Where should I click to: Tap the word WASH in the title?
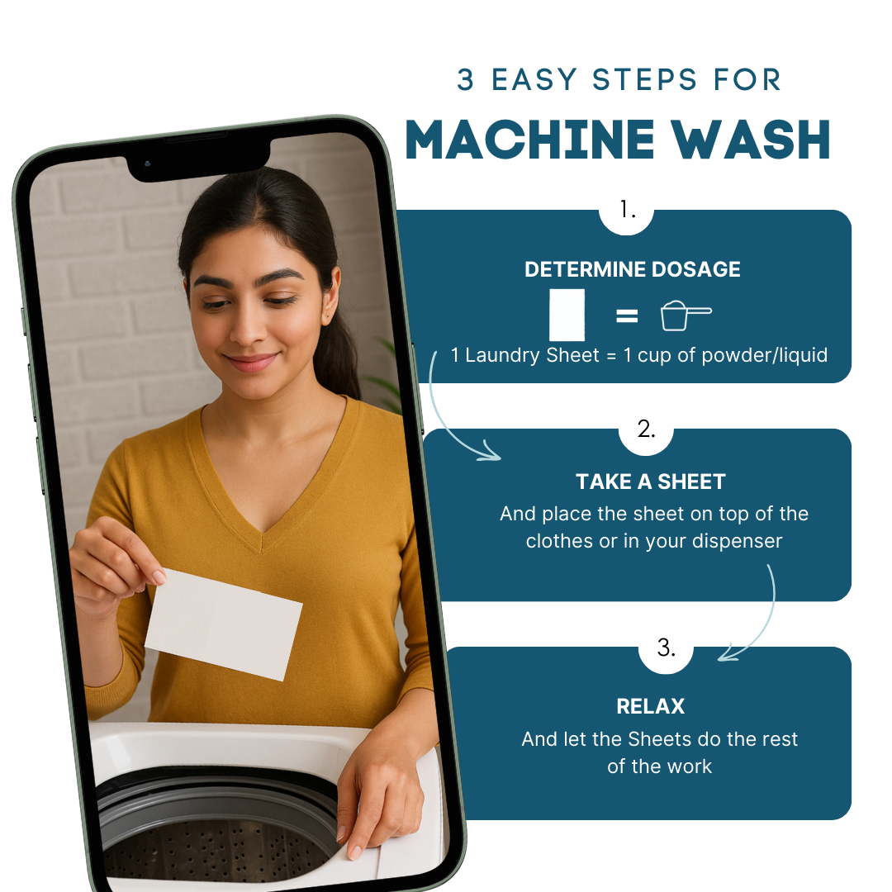(x=751, y=140)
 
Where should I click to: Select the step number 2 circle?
(x=646, y=431)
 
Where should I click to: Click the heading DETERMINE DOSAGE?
(x=632, y=269)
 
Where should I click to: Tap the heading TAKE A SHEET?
(x=650, y=482)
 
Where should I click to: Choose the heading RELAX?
(x=650, y=706)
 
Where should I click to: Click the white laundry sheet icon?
(x=567, y=315)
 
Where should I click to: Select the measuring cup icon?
(x=685, y=316)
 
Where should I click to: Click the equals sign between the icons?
(x=627, y=316)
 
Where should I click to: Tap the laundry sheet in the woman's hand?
(x=223, y=624)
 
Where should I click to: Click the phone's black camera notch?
(x=198, y=159)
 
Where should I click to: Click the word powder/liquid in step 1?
(x=765, y=355)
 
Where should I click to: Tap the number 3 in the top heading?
(x=465, y=79)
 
